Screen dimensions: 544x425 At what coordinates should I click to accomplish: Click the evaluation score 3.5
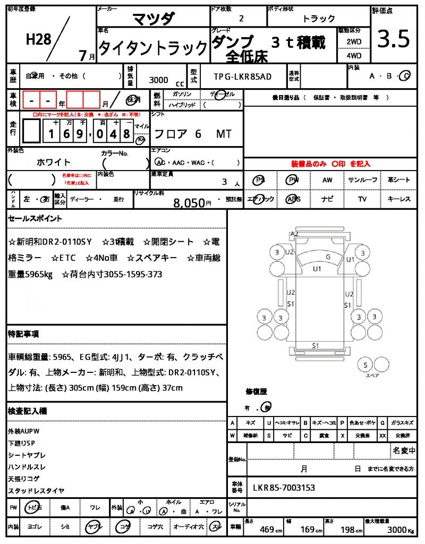coord(394,39)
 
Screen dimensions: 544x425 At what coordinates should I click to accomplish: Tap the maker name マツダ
coord(153,19)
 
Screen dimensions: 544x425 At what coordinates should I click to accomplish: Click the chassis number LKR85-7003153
coord(284,487)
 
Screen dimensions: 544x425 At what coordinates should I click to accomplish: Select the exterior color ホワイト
coord(53,162)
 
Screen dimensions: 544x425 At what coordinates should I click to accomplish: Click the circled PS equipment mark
coord(259,180)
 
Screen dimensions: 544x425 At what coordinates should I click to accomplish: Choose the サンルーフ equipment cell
coord(363,180)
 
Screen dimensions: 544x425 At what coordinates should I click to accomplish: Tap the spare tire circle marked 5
coord(365,364)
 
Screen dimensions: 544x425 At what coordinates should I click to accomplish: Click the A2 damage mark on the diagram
coord(294,234)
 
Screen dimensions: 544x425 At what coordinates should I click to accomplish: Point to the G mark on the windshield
coord(328,257)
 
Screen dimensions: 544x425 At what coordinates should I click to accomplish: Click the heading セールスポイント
coord(35,218)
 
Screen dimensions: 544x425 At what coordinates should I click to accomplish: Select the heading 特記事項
coord(23,334)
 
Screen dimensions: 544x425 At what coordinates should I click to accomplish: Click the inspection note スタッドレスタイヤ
coord(36,490)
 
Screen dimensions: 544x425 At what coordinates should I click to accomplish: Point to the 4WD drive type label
coord(354,55)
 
